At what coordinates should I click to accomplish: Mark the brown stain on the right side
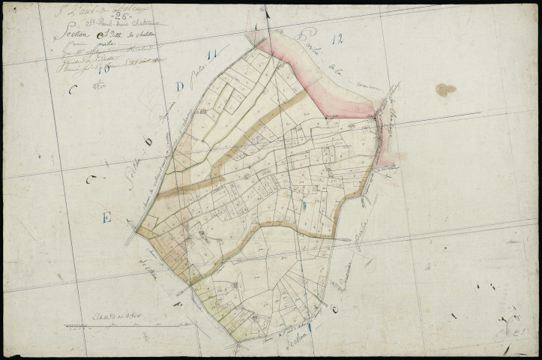(445, 90)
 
